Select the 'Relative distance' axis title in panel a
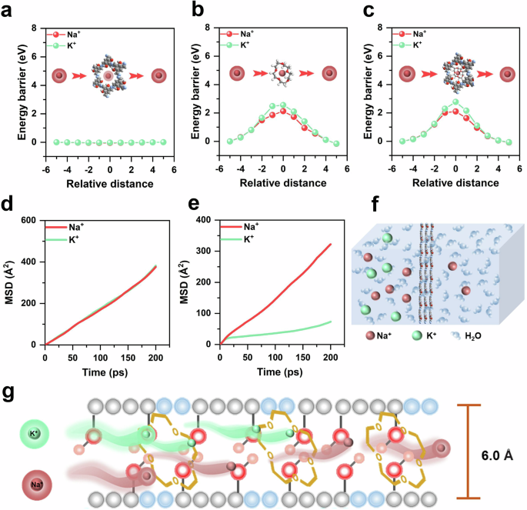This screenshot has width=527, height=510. pos(110,183)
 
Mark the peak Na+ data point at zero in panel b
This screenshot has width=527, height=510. pos(283,111)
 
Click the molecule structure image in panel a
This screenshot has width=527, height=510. pos(108,75)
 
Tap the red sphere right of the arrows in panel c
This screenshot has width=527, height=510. pos(506,74)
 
